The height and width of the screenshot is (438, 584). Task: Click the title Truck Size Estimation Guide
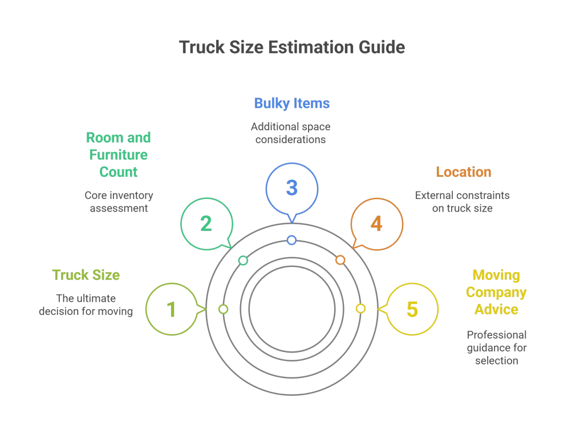point(291,47)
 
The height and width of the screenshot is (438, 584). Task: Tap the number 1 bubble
point(171,309)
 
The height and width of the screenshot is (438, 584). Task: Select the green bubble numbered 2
point(206,223)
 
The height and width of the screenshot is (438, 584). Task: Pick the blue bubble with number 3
point(291,188)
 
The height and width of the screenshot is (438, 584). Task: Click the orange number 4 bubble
point(376,223)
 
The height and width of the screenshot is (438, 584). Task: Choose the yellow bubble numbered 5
point(412,309)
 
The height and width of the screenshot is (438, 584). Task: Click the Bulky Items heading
point(291,104)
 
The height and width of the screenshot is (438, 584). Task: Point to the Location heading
point(463,172)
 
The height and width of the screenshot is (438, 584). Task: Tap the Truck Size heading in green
point(86,275)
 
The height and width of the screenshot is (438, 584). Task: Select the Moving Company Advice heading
point(496,292)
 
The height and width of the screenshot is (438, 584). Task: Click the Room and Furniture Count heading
point(118,155)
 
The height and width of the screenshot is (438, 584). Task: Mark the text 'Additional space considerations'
point(291,132)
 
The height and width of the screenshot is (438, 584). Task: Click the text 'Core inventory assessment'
point(119,201)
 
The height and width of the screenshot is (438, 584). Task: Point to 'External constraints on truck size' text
point(462,201)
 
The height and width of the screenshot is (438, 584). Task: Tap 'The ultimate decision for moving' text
point(86,305)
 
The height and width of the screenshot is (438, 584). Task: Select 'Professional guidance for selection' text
point(496,347)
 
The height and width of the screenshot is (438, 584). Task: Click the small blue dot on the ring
point(291,240)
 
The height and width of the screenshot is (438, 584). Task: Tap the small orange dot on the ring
point(340,260)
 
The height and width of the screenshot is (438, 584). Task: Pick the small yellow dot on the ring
point(360,309)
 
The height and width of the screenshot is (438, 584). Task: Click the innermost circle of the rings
point(291,309)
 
